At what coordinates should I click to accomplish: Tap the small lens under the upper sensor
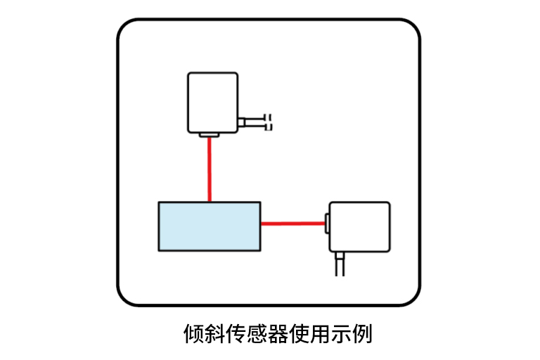(x=210, y=134)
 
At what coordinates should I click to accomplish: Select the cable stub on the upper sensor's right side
(x=250, y=123)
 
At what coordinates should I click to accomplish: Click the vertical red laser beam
(x=210, y=169)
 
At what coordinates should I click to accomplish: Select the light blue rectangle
(x=210, y=226)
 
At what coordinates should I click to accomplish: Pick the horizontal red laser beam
(x=292, y=224)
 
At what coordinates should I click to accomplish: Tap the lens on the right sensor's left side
(x=327, y=224)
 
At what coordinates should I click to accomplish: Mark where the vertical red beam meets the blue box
(x=210, y=202)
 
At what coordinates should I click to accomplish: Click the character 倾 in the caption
(x=193, y=333)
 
